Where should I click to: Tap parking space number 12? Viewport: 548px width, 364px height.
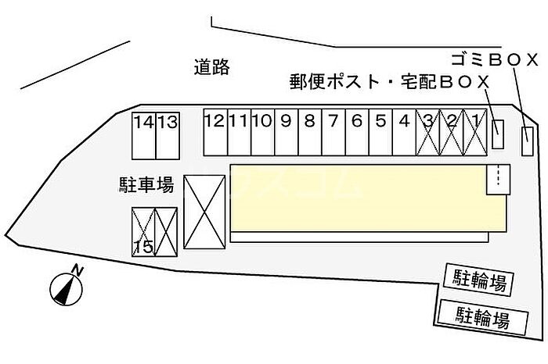[215, 131]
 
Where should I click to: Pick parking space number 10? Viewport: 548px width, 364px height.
[262, 131]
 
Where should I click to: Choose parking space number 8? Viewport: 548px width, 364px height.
[310, 131]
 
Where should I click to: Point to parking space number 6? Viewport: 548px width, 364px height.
[357, 131]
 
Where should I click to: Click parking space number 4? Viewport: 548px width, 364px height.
[404, 131]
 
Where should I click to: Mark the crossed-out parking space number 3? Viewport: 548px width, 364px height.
[428, 131]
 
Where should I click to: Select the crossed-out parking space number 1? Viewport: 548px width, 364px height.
[475, 131]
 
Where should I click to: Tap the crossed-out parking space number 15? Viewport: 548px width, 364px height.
[143, 232]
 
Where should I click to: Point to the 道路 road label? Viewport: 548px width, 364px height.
[211, 68]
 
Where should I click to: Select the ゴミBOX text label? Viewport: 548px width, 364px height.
[495, 59]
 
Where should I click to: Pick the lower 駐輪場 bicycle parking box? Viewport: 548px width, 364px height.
[483, 317]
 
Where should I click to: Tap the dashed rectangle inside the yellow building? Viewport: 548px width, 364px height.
[497, 178]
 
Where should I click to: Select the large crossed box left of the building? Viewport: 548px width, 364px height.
[204, 213]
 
